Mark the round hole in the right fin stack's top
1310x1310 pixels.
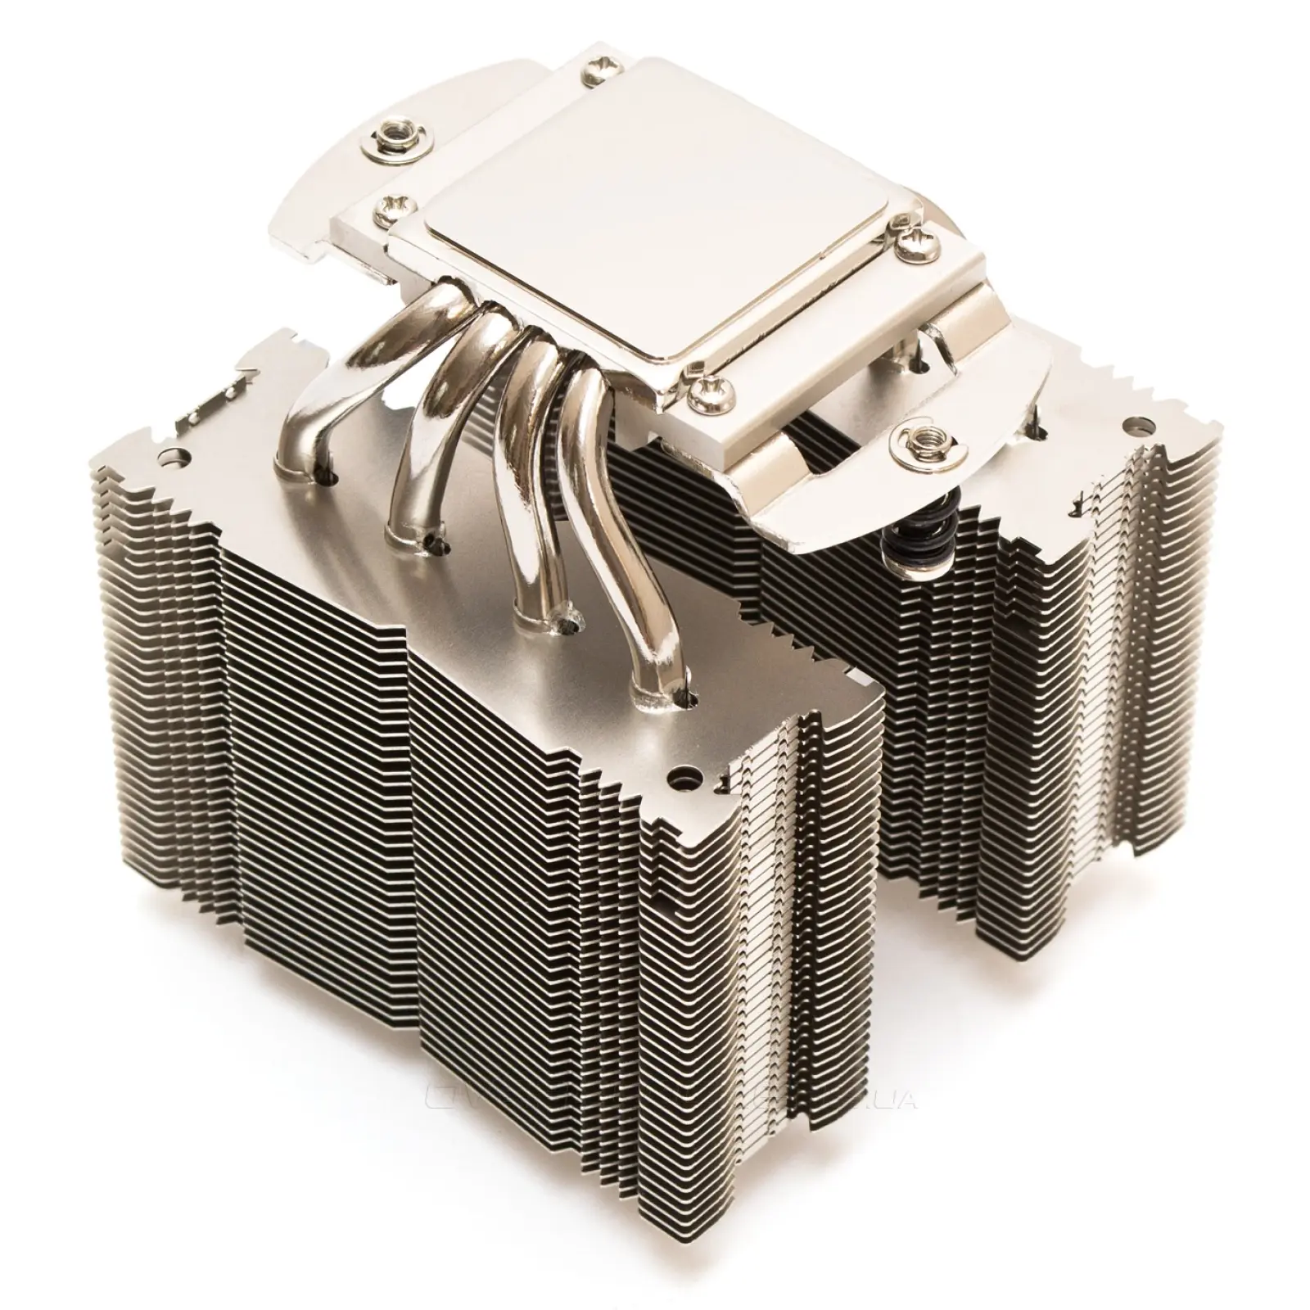click(x=1135, y=426)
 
